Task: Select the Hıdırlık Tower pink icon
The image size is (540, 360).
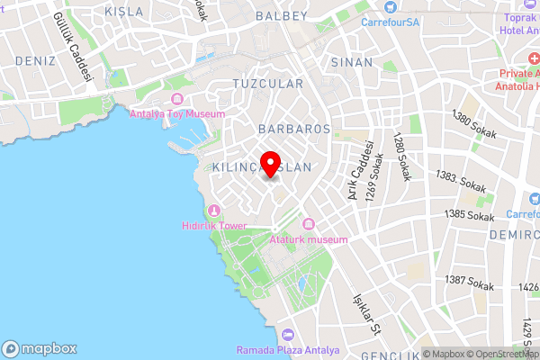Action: point(213,211)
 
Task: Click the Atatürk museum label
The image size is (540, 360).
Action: point(308,239)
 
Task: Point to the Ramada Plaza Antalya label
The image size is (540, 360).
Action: point(288,350)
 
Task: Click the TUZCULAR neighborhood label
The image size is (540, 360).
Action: point(267,83)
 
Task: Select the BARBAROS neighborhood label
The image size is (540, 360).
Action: point(294,129)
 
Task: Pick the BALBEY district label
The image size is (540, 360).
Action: point(282,15)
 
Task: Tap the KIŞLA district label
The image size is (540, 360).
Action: point(124,12)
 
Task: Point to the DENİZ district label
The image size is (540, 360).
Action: point(36,60)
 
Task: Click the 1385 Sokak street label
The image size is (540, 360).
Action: point(470,216)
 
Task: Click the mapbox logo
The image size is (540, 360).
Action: point(40,348)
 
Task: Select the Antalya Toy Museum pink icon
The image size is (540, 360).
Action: point(175,98)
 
